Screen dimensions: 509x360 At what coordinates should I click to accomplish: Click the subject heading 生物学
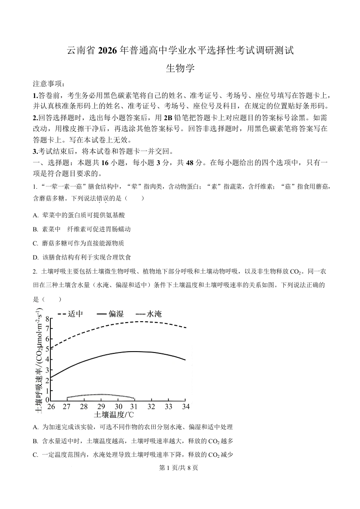click(180, 69)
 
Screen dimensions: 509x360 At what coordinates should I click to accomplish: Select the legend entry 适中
click(75, 313)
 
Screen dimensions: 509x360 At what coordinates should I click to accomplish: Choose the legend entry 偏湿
click(116, 313)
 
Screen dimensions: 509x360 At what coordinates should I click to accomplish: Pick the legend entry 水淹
click(154, 313)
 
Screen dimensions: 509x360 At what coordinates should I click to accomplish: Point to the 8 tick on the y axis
click(47, 319)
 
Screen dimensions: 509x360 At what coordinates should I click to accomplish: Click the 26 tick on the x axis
click(51, 406)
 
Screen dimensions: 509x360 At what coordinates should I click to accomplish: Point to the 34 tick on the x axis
click(185, 406)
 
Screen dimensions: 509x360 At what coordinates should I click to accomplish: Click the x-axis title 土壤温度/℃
click(114, 414)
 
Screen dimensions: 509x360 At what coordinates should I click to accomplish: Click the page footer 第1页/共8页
click(180, 468)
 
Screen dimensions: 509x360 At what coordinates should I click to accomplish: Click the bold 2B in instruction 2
click(168, 117)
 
